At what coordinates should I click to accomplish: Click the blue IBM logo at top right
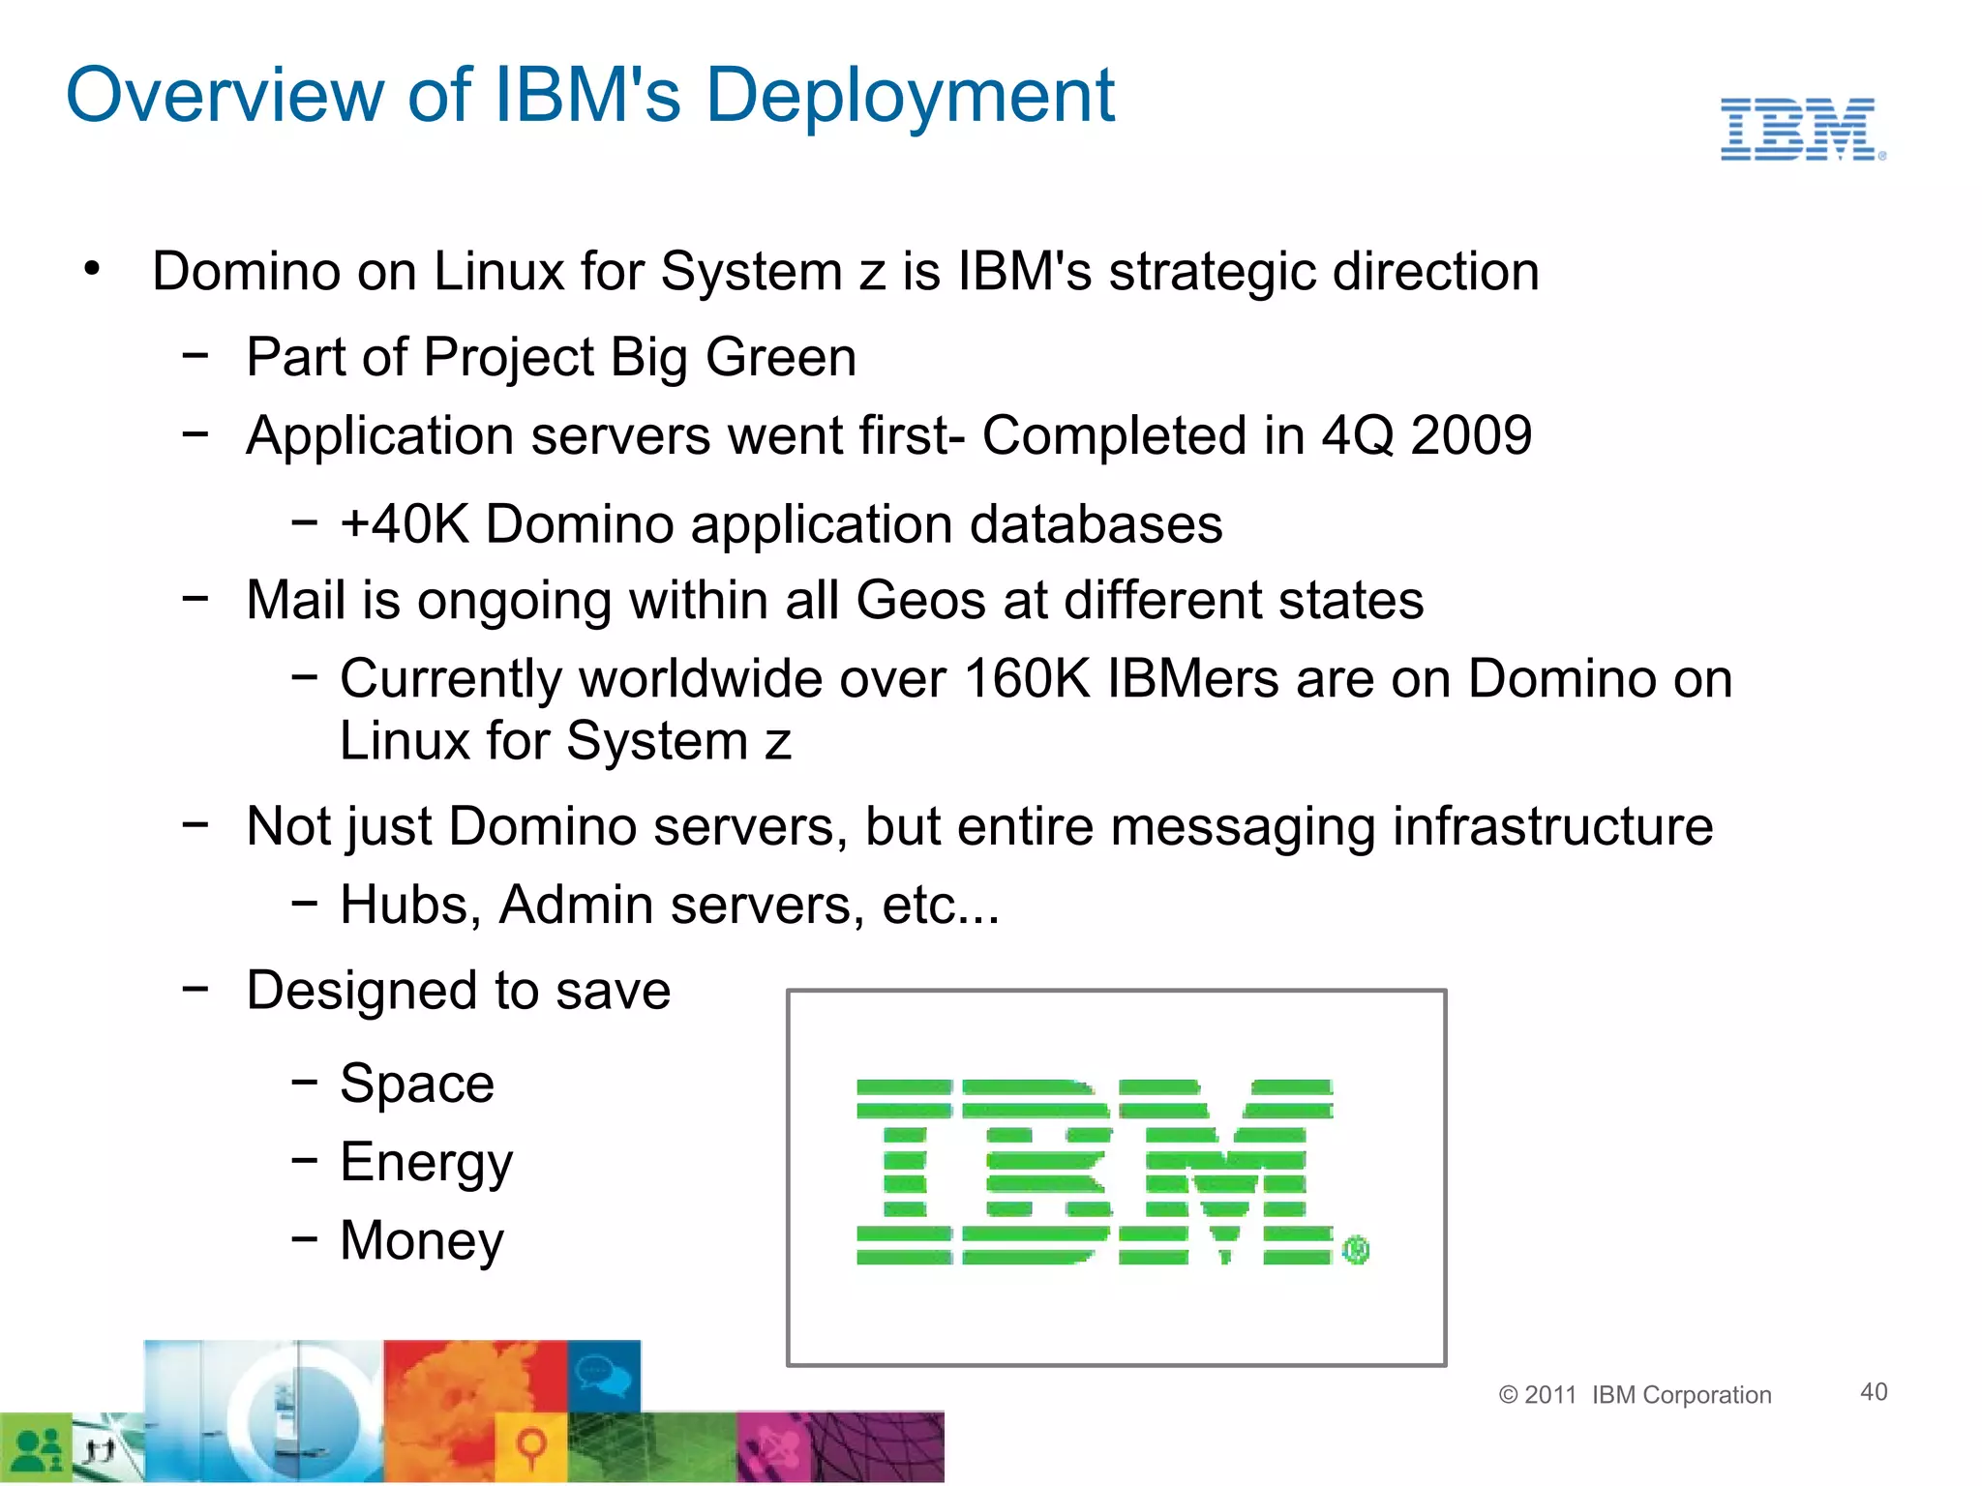pos(1800,129)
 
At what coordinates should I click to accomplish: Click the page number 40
pos(1874,1391)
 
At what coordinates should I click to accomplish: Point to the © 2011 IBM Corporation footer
pos(1635,1394)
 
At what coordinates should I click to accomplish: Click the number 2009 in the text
pos(1471,435)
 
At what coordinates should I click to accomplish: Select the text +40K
pos(405,524)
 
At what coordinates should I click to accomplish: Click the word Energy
pos(426,1162)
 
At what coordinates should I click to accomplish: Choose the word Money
pos(422,1240)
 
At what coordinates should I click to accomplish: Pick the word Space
pos(417,1083)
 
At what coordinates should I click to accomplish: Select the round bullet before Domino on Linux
pos(92,269)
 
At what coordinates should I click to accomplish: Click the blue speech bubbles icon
pos(604,1375)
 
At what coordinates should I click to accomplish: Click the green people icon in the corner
pos(36,1449)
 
